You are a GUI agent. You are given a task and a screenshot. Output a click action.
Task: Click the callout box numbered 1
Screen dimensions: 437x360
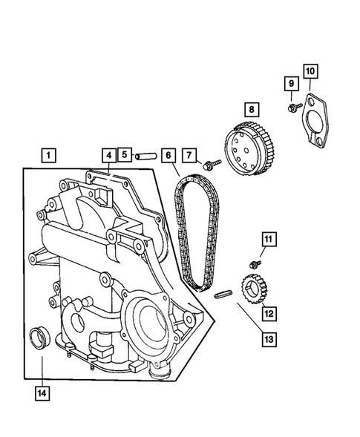48,156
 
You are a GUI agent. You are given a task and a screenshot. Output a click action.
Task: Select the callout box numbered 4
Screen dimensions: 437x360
108,155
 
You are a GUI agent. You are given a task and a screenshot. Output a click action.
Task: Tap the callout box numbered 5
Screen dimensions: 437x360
125,155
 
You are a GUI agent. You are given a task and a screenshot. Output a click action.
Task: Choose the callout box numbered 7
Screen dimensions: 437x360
191,155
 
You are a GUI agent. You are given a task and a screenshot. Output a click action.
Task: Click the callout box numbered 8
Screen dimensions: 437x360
252,110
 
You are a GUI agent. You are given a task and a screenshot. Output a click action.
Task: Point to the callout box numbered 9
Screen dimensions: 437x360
292,85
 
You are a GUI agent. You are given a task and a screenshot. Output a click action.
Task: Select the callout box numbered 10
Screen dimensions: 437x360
310,71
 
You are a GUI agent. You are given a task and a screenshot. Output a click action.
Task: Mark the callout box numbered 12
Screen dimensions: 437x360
268,313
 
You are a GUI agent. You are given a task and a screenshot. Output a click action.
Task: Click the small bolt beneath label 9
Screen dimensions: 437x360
291,109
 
